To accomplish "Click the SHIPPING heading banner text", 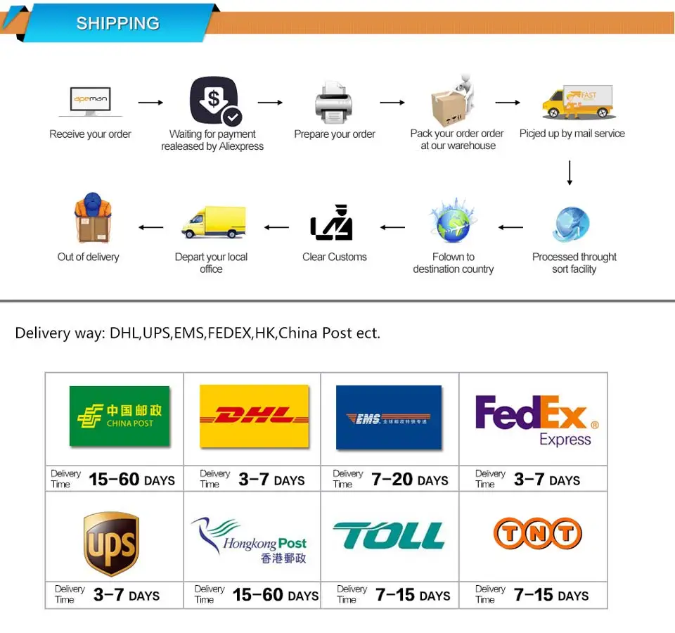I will coord(117,23).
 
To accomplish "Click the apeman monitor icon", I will coord(91,101).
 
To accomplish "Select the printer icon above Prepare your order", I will coord(334,103).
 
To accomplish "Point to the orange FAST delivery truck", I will coord(578,103).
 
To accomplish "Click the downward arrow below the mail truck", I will coord(570,173).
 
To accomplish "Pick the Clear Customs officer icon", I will coord(332,224).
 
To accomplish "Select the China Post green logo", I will coord(120,416).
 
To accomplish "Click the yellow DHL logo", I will coord(255,416).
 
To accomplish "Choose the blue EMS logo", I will coord(389,418).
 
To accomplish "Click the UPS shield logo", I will coord(111,544).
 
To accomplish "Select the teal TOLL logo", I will coord(389,536).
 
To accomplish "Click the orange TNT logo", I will coord(538,534).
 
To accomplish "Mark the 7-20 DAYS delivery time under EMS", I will coord(409,480).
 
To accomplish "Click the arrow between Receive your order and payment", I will coord(150,103).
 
